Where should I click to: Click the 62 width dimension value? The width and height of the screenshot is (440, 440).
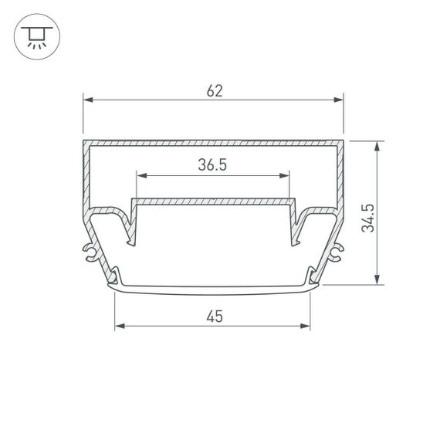pos(215,90)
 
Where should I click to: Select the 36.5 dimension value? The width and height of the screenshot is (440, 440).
pos(212,164)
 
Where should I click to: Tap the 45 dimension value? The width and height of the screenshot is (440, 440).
pos(212,315)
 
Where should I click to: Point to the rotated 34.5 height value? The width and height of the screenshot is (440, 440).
pos(368,218)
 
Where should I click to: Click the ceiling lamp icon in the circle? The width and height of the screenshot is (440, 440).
pos(35,36)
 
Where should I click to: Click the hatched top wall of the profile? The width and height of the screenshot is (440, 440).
pos(212,144)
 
